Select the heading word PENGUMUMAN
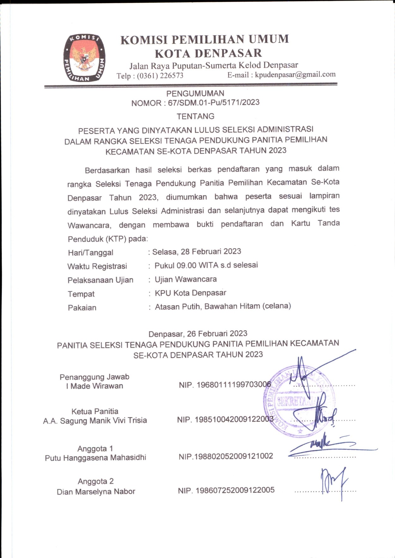click(x=195, y=93)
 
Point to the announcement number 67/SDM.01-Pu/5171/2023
click(x=214, y=103)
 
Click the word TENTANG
click(x=195, y=116)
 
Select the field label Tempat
click(x=81, y=294)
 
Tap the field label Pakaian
click(x=82, y=308)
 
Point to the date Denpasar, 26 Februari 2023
click(x=198, y=334)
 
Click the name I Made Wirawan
click(x=94, y=386)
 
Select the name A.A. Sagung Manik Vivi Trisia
click(x=95, y=421)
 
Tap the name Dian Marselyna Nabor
click(x=96, y=492)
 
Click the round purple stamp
click(x=299, y=401)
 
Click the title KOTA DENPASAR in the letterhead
click(x=208, y=53)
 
